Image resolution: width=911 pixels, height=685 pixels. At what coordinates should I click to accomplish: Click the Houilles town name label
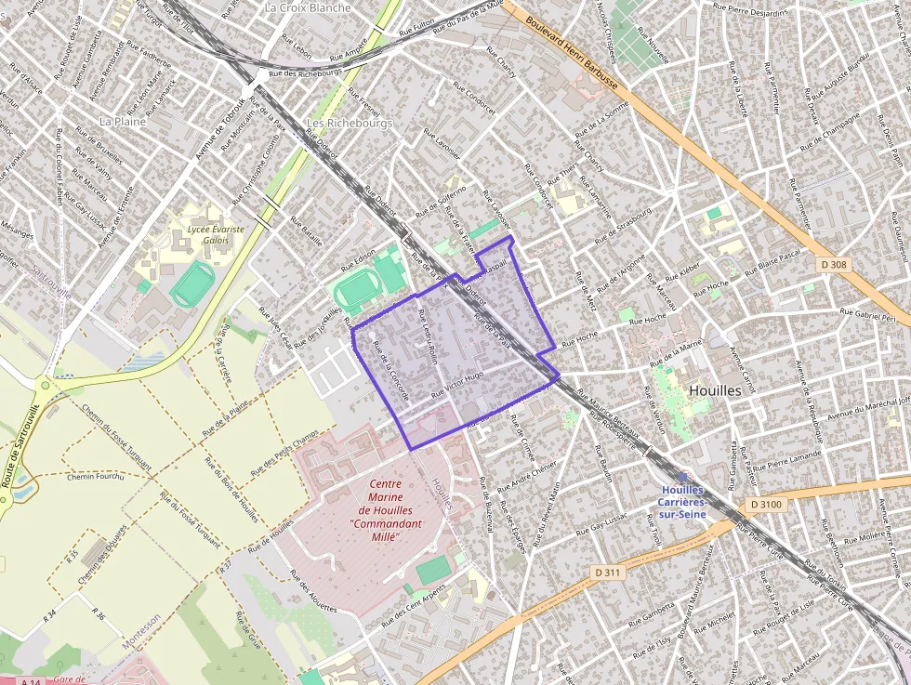(715, 390)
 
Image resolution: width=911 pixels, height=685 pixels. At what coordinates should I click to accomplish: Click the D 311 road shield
(606, 572)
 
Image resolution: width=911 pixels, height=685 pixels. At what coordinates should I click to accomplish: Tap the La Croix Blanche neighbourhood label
(308, 7)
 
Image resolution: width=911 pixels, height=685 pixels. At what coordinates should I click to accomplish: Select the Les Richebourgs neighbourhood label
(350, 123)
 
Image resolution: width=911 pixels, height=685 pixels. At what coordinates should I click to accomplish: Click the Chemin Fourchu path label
(95, 477)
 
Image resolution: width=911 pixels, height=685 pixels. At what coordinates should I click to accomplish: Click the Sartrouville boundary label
(50, 280)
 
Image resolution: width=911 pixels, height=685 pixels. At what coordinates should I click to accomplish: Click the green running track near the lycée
(191, 283)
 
